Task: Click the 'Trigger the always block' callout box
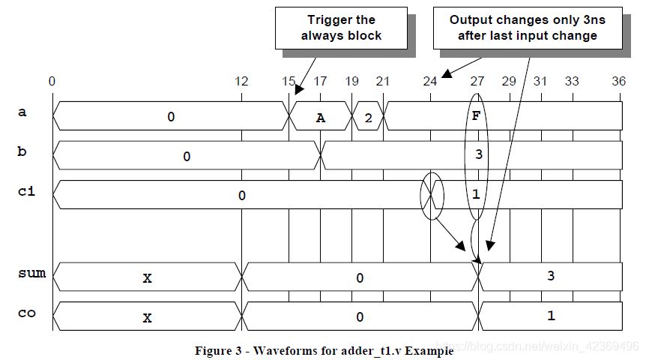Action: (341, 28)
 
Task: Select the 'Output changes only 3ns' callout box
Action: (528, 28)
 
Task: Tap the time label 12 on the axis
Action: (241, 81)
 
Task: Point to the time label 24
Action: (430, 81)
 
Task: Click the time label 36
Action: (619, 81)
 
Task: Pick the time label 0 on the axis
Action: (52, 81)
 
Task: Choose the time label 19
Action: (351, 81)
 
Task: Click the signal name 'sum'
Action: (31, 273)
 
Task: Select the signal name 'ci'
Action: (26, 191)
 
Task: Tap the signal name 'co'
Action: (27, 313)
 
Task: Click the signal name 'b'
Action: (22, 151)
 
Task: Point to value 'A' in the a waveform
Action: (321, 118)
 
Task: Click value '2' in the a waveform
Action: (368, 118)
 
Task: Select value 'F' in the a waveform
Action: (477, 116)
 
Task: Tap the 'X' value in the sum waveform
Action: (147, 278)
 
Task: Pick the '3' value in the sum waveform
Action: (551, 276)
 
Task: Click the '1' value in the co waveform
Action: (551, 316)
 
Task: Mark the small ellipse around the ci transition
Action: (420, 196)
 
